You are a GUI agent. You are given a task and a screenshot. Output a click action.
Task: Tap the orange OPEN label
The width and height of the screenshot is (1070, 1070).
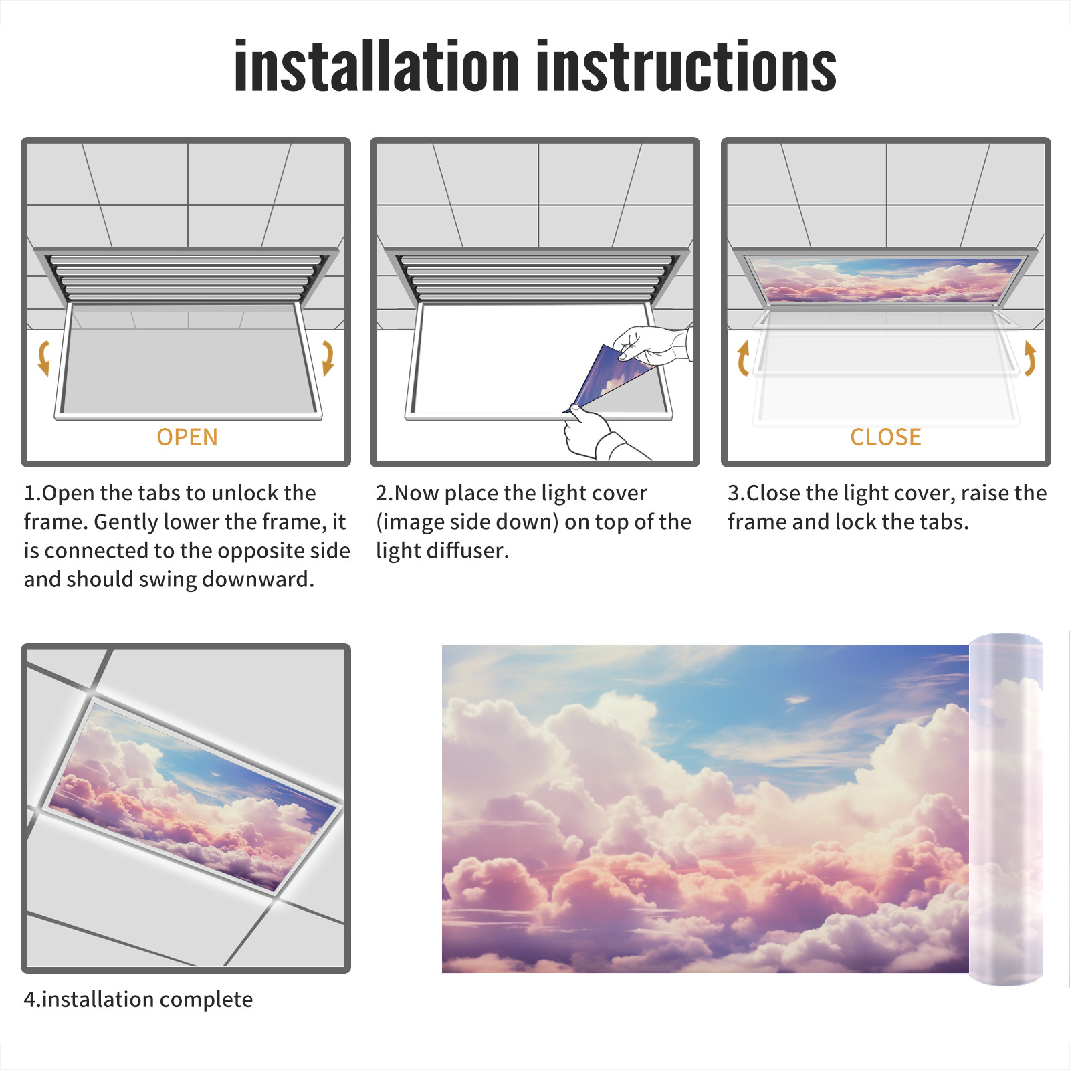click(x=187, y=437)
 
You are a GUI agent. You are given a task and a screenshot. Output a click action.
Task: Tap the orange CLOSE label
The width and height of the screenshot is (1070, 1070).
click(x=885, y=437)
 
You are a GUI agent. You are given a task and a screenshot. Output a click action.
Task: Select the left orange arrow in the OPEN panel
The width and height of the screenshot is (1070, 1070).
click(x=44, y=358)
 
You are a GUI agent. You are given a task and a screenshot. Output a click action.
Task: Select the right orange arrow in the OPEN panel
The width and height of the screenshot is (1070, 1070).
click(x=328, y=358)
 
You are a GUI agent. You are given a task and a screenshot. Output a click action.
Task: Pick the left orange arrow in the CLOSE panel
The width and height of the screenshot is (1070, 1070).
click(x=742, y=358)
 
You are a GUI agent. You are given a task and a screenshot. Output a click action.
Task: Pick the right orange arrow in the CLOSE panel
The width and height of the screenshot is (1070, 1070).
click(x=1030, y=358)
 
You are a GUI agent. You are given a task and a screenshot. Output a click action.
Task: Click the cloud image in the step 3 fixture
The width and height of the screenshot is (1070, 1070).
click(x=885, y=280)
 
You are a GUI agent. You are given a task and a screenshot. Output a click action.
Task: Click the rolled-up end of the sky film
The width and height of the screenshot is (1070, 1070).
click(x=1006, y=809)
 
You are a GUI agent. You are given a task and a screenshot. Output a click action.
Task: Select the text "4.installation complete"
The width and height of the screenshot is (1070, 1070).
click(x=138, y=1000)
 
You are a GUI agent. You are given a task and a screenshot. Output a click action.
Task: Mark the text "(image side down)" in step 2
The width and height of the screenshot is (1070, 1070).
click(x=467, y=522)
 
